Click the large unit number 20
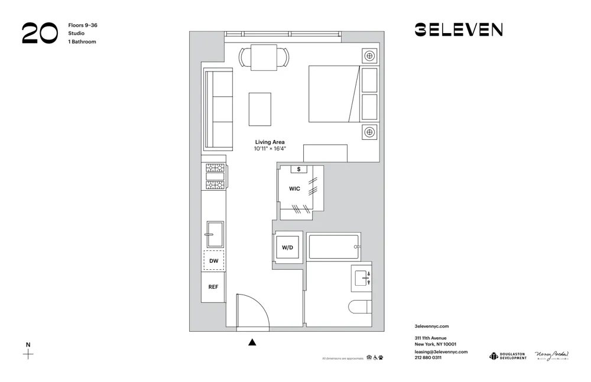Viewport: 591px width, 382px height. tap(40, 33)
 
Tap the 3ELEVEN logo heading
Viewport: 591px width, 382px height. tap(459, 30)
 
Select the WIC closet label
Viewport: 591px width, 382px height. tap(294, 189)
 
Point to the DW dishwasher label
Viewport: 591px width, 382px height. tap(213, 260)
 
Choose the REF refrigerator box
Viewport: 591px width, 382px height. tap(213, 287)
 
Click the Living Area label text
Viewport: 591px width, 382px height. tap(270, 142)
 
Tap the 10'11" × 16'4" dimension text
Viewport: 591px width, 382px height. tap(270, 149)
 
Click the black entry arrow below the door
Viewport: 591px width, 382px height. tap(253, 341)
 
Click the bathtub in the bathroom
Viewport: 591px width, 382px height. tap(334, 247)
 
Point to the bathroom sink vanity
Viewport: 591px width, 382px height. tap(362, 278)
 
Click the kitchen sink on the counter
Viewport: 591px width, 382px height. tap(214, 236)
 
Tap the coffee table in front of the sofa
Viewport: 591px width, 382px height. tap(260, 109)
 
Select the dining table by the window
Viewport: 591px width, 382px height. tap(264, 57)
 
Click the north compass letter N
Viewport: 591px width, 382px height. tap(28, 344)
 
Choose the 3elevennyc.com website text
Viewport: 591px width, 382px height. tap(432, 326)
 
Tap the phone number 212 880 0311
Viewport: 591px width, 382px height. tap(428, 358)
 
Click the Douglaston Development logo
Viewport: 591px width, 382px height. tap(508, 355)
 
